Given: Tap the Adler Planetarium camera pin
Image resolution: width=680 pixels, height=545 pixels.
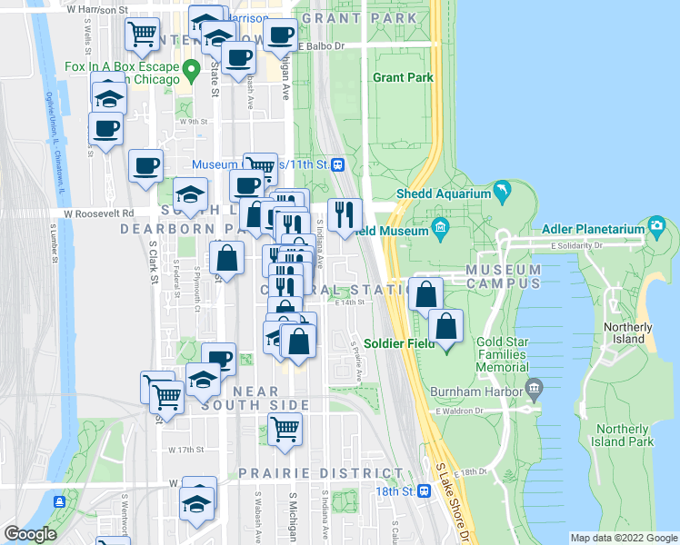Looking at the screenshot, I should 657,224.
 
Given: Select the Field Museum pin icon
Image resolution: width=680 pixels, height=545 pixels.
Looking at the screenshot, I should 441,226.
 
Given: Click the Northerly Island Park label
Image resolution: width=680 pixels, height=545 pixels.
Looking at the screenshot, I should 625,435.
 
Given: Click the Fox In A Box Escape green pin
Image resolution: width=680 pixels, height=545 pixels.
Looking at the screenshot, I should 190,68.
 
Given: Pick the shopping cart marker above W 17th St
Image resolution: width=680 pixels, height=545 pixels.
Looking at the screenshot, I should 285,429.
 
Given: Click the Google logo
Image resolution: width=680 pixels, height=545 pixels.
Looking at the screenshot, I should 30,533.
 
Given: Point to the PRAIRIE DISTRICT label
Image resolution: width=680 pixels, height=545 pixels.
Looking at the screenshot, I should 321,474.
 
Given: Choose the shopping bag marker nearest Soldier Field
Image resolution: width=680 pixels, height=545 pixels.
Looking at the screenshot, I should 445,327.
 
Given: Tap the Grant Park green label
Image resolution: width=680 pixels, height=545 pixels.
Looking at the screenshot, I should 403,78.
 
